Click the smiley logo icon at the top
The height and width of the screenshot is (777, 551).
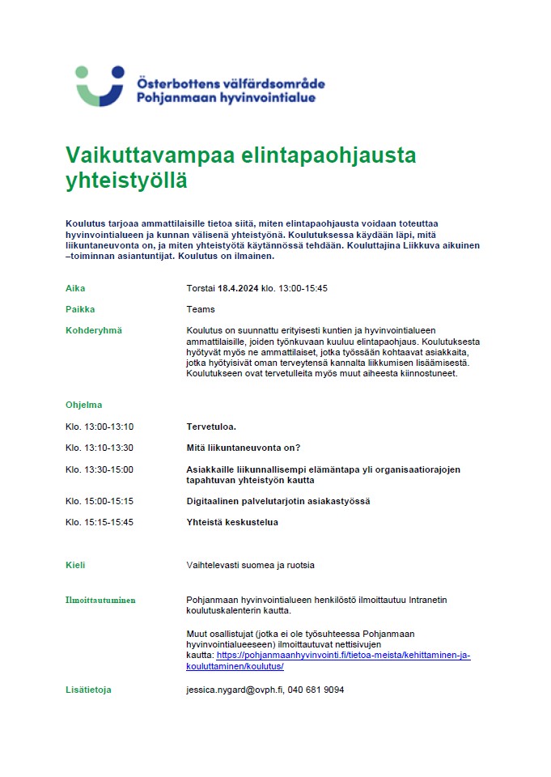pyautogui.click(x=100, y=85)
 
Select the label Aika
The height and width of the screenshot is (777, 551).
pyautogui.click(x=75, y=288)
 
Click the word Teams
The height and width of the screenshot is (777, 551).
pyautogui.click(x=201, y=309)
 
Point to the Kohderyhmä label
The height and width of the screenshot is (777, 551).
pyautogui.click(x=93, y=330)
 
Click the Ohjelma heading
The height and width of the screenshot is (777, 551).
pyautogui.click(x=84, y=405)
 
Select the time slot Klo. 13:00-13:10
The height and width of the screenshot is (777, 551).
pyautogui.click(x=100, y=427)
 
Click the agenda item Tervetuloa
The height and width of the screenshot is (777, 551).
pyautogui.click(x=212, y=427)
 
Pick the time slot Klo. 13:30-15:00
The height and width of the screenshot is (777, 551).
pyautogui.click(x=100, y=469)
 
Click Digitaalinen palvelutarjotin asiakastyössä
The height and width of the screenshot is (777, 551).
pyautogui.click(x=278, y=501)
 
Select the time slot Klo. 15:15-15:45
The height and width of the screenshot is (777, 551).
pyautogui.click(x=100, y=522)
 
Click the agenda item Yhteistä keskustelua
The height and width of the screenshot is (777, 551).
pyautogui.click(x=232, y=522)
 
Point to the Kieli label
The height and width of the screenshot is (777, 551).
pyautogui.click(x=75, y=565)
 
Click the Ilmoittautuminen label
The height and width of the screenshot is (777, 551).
pyautogui.click(x=100, y=600)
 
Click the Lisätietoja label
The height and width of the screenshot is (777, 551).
pyautogui.click(x=88, y=690)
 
